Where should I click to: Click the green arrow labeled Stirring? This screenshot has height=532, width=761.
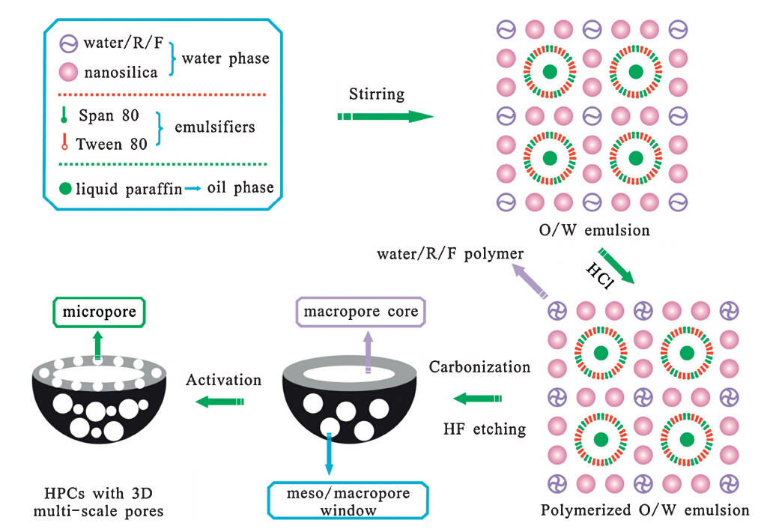(x=385, y=116)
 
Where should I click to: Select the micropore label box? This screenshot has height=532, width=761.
(x=99, y=312)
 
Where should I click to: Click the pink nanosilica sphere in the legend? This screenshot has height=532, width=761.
(x=64, y=73)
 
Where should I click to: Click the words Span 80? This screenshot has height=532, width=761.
(x=107, y=116)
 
